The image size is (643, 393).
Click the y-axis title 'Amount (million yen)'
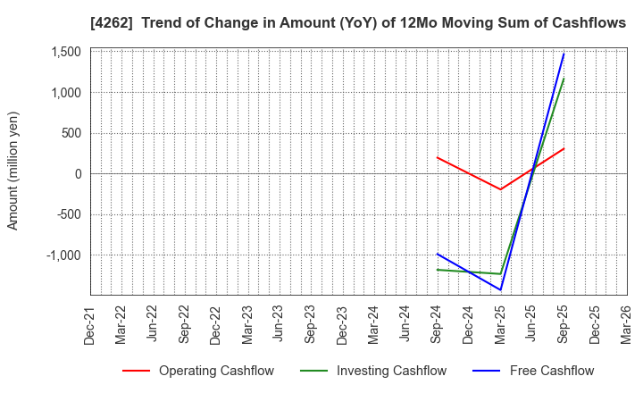[x=13, y=171]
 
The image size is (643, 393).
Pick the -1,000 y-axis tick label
[x=63, y=255]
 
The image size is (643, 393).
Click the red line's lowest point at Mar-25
[x=500, y=189]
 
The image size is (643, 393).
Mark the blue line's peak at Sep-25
[x=564, y=54]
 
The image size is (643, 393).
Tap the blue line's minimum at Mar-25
[x=500, y=289]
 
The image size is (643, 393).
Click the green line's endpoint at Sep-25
[x=564, y=79]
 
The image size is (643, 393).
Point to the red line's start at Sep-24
[x=437, y=157]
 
